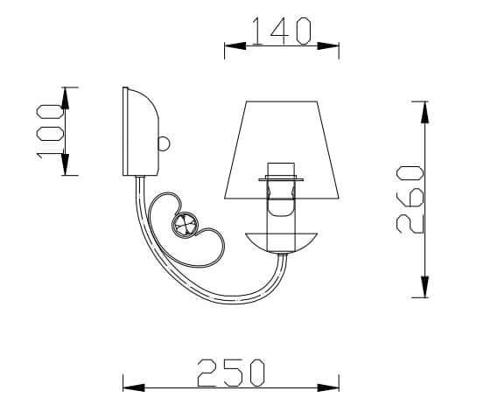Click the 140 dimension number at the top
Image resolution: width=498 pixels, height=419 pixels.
pyautogui.click(x=281, y=31)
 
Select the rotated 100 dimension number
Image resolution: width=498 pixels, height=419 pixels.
pyautogui.click(x=51, y=132)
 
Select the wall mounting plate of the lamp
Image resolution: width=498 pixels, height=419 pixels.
pyautogui.click(x=138, y=131)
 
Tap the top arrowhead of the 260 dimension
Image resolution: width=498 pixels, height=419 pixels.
pyautogui.click(x=424, y=108)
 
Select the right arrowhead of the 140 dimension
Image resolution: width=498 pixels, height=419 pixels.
pyautogui.click(x=333, y=46)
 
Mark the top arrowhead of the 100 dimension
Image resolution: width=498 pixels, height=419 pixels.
pyautogui.click(x=66, y=94)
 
